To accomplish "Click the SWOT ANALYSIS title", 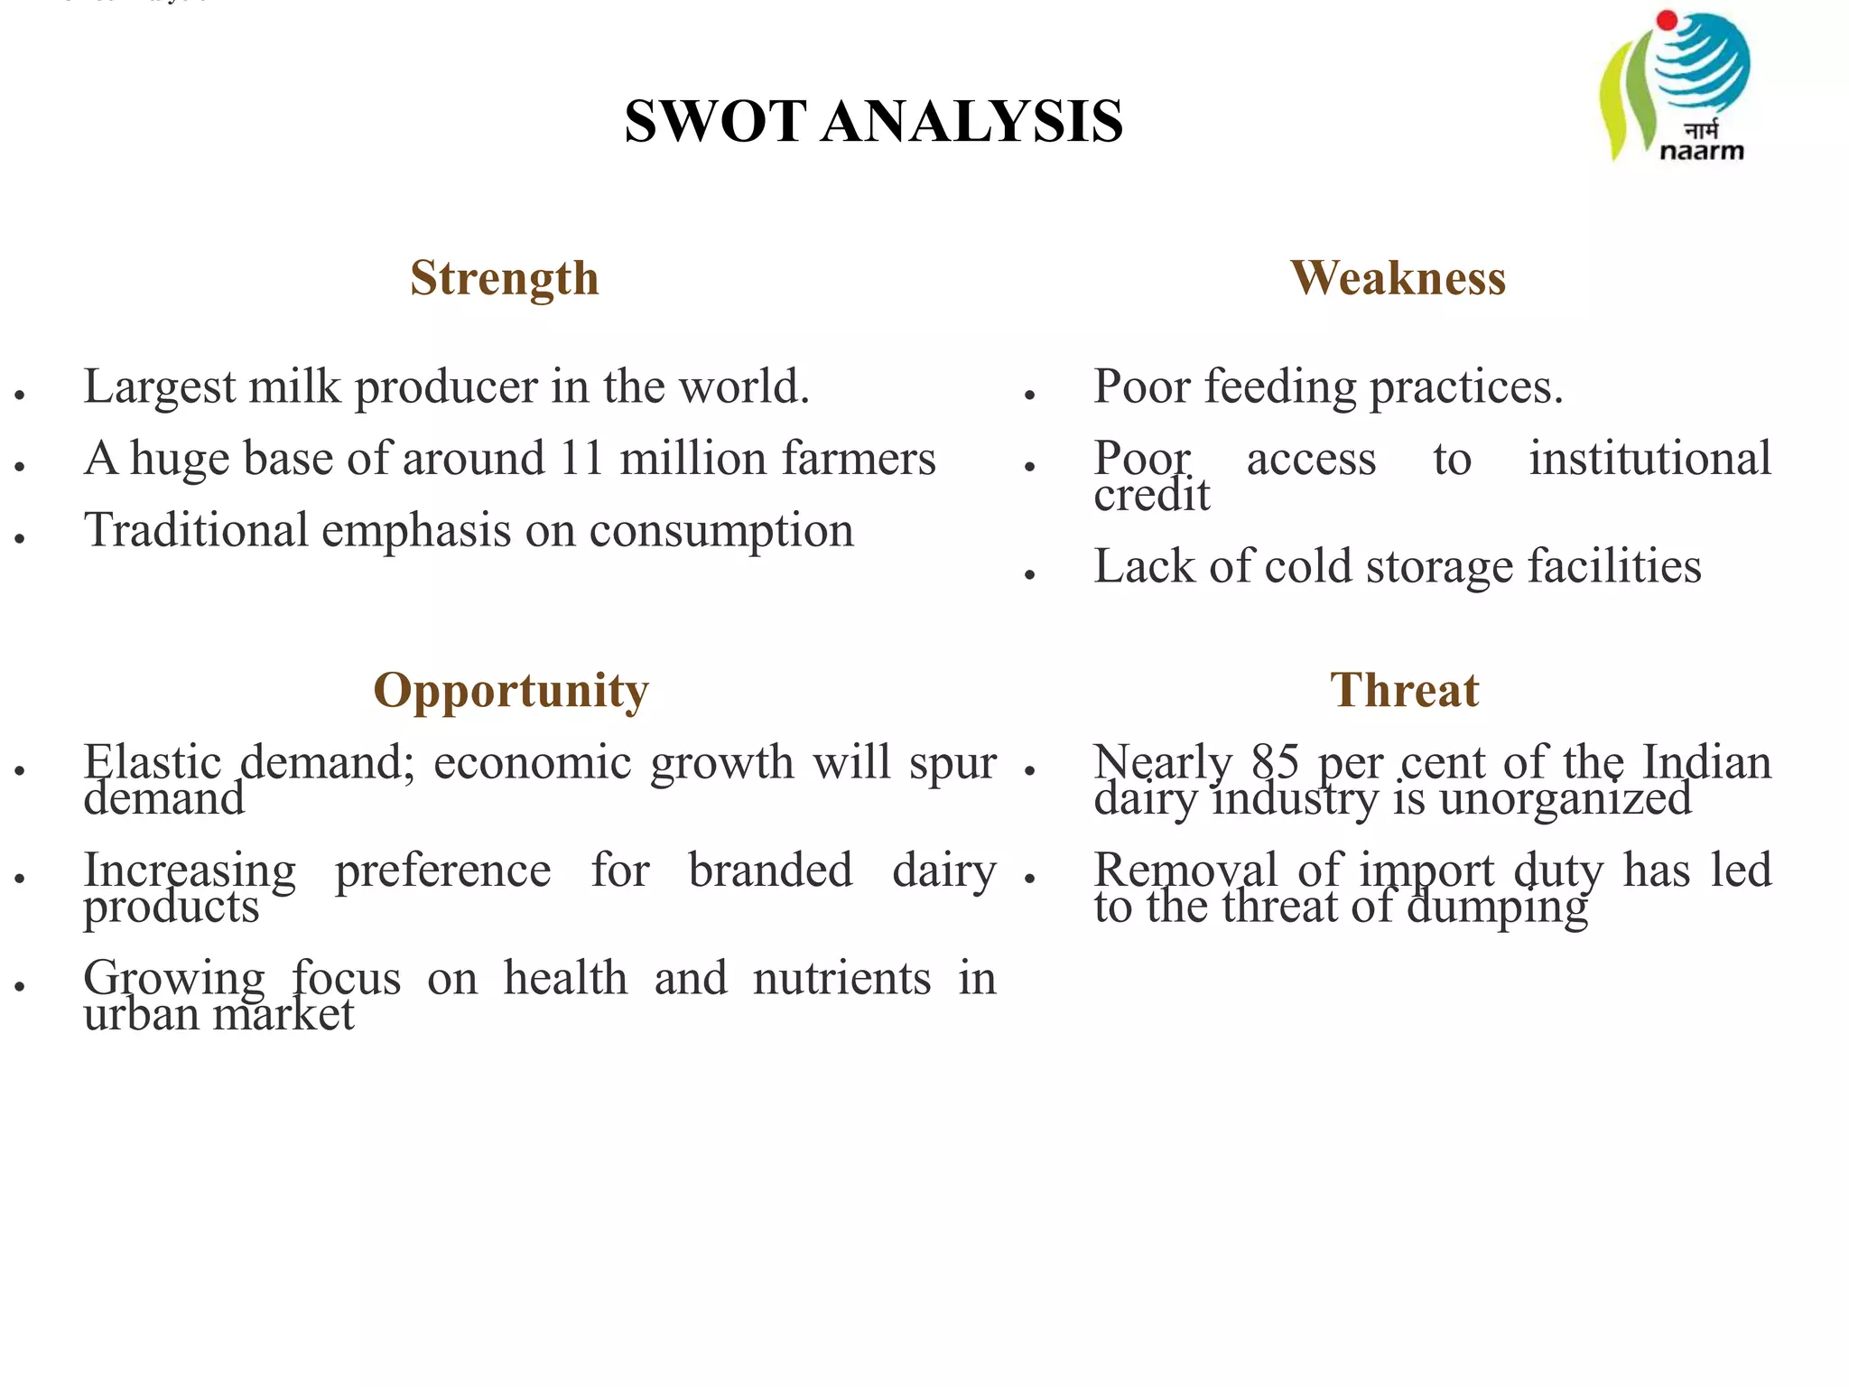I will pos(873,122).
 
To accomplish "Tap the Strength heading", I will pos(504,278).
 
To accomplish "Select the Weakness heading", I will pos(1398,278).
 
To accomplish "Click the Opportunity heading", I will pos(511,691).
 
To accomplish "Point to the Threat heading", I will pos(1404,691).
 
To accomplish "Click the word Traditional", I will pos(196,531).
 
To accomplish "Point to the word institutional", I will pos(1649,459).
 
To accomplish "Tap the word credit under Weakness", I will pos(1151,495).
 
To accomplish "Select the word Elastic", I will pos(153,762).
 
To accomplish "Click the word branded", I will pos(770,870).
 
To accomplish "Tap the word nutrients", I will pos(841,979).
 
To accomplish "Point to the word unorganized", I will pos(1565,799).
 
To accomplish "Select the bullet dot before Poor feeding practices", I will pos(1029,395).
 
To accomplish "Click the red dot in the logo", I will pos(1667,20).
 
